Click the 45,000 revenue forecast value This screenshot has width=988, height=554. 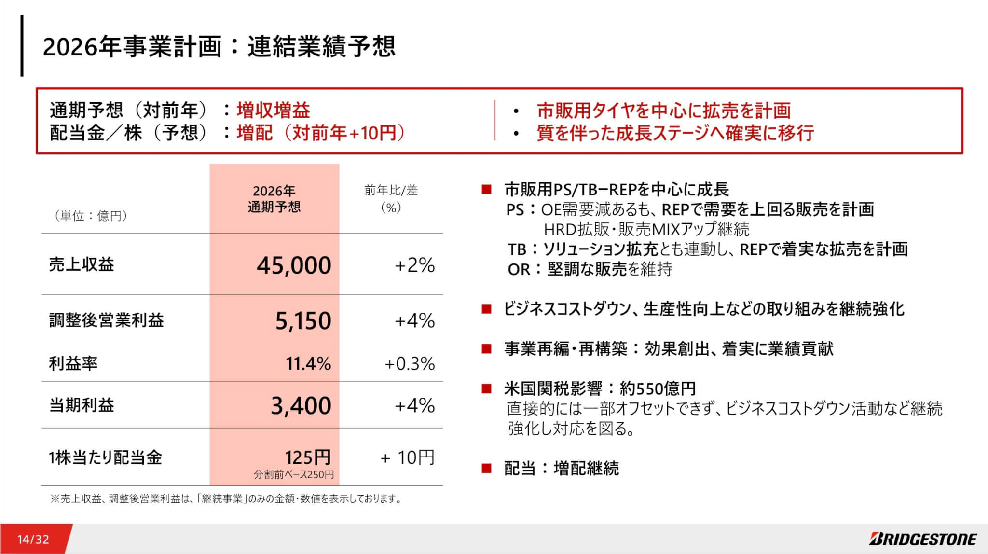(294, 265)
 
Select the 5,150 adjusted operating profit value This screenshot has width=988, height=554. (303, 320)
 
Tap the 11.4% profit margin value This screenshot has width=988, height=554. (308, 363)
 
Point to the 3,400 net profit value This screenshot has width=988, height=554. (301, 405)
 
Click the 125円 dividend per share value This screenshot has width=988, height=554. (308, 457)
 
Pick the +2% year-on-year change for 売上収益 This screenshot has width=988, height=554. (414, 265)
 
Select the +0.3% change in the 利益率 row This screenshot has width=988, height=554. (410, 363)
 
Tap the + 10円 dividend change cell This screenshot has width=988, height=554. (408, 457)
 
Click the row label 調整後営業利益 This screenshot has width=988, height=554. (107, 320)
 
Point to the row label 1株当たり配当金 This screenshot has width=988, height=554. (105, 457)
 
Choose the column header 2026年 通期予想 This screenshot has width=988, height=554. (274, 199)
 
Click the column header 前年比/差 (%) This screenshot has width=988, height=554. (391, 199)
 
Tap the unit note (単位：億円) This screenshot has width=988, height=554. (90, 215)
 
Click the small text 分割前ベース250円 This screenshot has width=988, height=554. (294, 474)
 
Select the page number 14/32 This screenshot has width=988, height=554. (33, 539)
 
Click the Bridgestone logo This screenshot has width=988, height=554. (923, 539)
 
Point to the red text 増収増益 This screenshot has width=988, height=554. (273, 111)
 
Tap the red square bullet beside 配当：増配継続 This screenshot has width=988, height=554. (486, 468)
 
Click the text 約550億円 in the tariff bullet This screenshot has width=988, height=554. (658, 388)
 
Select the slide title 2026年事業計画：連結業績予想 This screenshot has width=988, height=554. (219, 47)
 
